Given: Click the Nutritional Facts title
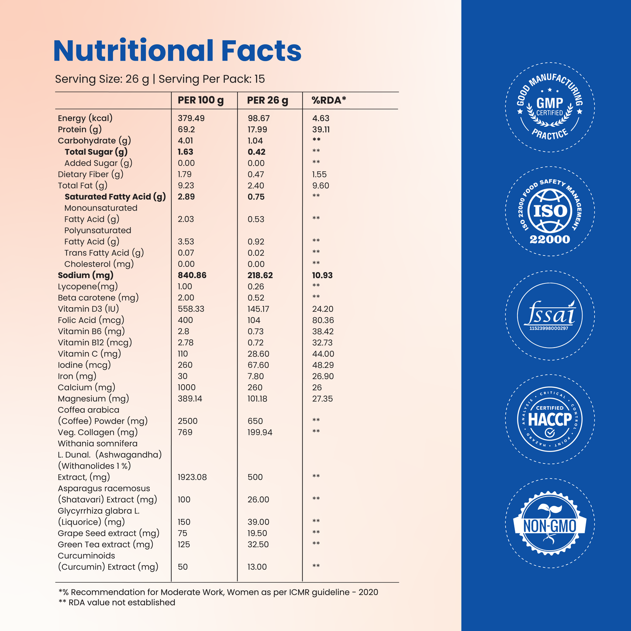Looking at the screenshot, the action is (177, 50).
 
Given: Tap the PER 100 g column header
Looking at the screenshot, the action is (200, 100).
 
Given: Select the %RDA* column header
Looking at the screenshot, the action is (329, 100).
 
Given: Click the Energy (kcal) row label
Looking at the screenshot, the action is (85, 118).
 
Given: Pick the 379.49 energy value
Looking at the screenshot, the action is (191, 118).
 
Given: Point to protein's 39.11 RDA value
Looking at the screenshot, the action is (321, 129).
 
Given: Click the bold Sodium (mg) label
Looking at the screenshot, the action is (86, 276).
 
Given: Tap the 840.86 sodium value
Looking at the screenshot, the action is (192, 275).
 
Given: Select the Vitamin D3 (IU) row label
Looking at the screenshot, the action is (88, 309).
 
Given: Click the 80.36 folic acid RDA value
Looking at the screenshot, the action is (323, 320).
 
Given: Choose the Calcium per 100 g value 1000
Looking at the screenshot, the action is (186, 387).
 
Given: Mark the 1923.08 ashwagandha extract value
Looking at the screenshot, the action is (192, 477).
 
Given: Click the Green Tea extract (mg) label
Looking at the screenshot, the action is (105, 545).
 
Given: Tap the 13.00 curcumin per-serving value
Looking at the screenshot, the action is (257, 567).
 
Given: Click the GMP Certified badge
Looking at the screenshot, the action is (550, 107).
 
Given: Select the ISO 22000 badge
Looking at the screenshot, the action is (550, 211).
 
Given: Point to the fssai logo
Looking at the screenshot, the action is (550, 315).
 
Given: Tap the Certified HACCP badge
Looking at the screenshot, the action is (550, 419).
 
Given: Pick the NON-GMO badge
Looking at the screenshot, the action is (550, 523).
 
